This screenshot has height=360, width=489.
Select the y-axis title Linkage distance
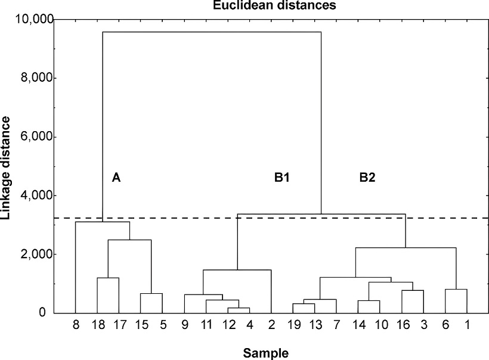tap(7, 167)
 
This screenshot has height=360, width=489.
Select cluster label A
tap(116, 177)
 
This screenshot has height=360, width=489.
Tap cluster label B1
tap(282, 177)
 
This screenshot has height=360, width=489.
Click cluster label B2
tap(368, 177)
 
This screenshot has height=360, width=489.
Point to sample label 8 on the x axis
tap(76, 326)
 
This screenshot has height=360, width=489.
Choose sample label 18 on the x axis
tap(97, 326)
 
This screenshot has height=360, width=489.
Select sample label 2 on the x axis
tap(271, 326)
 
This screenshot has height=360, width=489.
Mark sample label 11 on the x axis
tap(206, 326)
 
